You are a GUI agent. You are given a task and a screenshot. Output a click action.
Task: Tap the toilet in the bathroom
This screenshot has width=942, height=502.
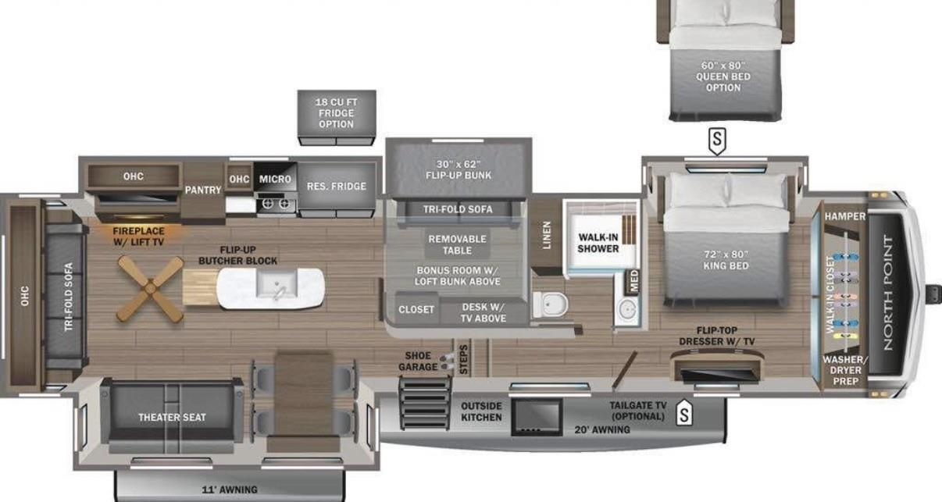click(551, 304)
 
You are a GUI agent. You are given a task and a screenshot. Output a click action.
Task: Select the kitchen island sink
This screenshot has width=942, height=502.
click(277, 285)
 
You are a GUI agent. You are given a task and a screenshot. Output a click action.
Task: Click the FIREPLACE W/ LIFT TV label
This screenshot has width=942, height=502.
click(138, 237)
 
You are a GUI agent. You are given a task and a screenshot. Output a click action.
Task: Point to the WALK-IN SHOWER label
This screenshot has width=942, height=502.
click(598, 243)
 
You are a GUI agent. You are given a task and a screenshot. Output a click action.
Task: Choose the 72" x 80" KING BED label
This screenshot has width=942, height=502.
click(726, 260)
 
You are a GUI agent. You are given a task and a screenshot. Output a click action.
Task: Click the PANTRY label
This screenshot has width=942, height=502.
click(203, 190)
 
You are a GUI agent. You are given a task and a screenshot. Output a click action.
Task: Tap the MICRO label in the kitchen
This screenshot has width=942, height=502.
click(275, 179)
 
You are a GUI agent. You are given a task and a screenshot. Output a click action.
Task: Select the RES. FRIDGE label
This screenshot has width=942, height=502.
click(337, 187)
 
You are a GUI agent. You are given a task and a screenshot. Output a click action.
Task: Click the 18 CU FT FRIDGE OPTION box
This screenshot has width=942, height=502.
click(337, 117)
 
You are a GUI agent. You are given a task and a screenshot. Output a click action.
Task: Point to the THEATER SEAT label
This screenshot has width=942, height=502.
click(172, 417)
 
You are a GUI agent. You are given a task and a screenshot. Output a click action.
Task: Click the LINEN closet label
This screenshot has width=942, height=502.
click(546, 236)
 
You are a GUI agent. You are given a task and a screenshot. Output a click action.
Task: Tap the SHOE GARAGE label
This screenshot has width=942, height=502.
click(418, 361)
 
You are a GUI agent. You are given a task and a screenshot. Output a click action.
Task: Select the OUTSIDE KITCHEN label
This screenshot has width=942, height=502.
click(481, 411)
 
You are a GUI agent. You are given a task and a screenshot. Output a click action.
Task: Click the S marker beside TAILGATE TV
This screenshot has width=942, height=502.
click(684, 412)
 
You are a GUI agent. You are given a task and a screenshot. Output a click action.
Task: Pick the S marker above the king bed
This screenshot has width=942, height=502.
click(717, 141)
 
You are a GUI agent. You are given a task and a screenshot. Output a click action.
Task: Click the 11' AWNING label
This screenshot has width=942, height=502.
click(230, 490)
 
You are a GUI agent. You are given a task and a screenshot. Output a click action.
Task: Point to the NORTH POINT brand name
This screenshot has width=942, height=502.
click(887, 293)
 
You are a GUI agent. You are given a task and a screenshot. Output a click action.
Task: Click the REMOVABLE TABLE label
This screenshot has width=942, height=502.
click(457, 244)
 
